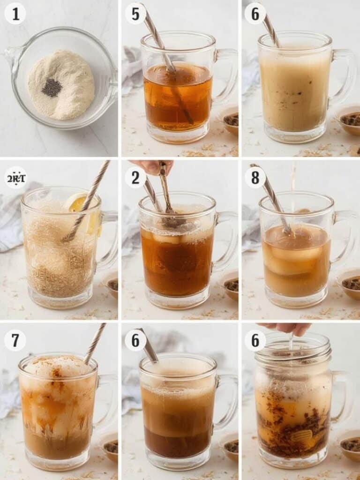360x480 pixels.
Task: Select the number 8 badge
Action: tap(255, 178)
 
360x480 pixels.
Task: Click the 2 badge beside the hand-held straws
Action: tap(135, 178)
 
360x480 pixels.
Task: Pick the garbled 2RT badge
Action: tap(15, 178)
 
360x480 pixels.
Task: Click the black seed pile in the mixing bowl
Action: tap(52, 87)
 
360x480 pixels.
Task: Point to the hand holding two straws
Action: tap(152, 166)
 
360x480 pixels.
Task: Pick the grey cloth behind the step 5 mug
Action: tap(132, 70)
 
